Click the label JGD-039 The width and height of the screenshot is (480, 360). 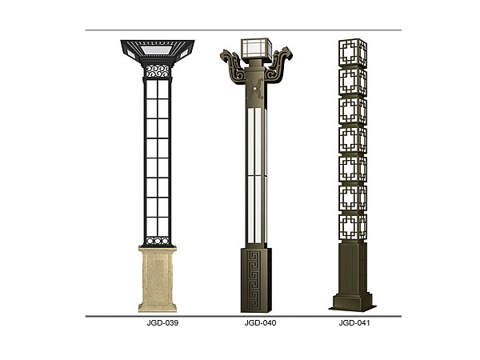[162, 323]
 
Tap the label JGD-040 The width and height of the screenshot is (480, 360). [260, 323]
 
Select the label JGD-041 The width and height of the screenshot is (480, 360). [354, 323]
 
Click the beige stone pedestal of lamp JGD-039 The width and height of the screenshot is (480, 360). [158, 279]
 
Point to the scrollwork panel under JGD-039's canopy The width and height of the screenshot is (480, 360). [158, 71]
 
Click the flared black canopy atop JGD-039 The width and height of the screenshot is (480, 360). [158, 51]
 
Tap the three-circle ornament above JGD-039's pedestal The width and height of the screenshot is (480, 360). [158, 241]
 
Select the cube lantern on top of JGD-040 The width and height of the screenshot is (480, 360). [257, 48]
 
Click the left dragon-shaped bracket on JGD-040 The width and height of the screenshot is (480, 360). [234, 66]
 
